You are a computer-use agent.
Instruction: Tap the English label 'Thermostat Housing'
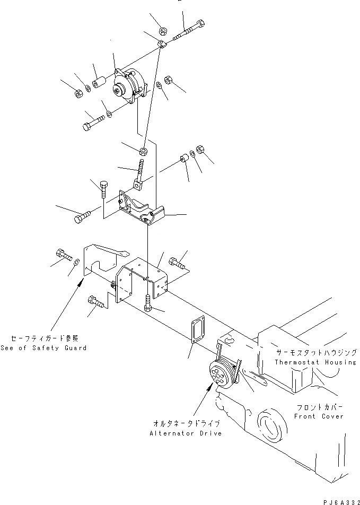click(315, 362)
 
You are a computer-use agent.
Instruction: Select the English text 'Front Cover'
click(319, 416)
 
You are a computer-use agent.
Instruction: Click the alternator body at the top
click(130, 86)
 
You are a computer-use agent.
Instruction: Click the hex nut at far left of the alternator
click(76, 93)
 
